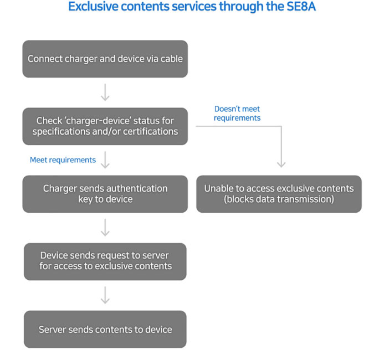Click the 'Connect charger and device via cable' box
105,59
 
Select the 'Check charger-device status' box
105,126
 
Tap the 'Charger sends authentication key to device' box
105,194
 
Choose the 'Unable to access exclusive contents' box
279,194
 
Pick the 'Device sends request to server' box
105,261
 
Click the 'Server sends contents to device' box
105,329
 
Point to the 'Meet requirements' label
63,160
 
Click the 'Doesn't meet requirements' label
237,114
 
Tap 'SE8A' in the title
301,6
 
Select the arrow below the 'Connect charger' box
105,92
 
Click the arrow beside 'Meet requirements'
105,160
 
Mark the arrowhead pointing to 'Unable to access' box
281,165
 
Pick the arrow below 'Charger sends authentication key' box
105,228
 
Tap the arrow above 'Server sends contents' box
105,295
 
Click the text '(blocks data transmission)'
279,199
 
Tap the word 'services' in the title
194,6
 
